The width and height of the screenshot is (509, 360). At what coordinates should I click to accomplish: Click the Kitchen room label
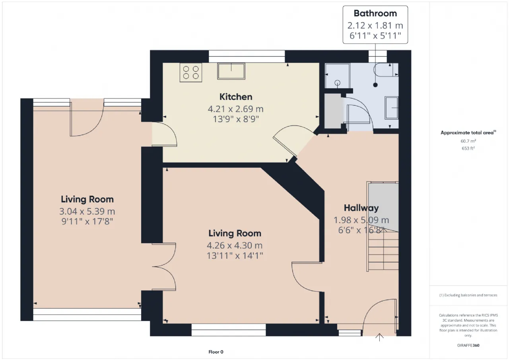(x=236, y=97)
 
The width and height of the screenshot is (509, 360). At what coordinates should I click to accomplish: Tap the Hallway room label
(x=361, y=208)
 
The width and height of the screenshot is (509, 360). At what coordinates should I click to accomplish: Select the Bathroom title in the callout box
(x=375, y=14)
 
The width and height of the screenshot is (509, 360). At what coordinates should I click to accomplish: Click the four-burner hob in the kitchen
(x=190, y=72)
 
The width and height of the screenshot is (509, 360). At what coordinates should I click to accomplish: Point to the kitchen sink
(x=231, y=71)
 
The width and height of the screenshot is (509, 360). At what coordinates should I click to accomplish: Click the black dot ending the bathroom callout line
(x=375, y=85)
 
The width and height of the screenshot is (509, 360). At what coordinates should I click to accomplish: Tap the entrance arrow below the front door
(x=379, y=337)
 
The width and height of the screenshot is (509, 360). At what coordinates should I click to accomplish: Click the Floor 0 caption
(x=216, y=352)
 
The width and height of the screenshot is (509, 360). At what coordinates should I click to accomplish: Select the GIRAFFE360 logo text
(x=468, y=345)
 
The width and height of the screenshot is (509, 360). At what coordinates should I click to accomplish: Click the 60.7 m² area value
(x=468, y=141)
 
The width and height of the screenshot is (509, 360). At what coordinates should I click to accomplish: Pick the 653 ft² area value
(x=468, y=148)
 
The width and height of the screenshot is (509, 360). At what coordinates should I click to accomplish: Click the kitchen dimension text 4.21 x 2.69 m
(x=236, y=109)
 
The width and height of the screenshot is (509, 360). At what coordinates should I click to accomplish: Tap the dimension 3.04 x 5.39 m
(x=87, y=211)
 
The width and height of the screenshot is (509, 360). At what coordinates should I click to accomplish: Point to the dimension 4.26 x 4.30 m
(x=235, y=245)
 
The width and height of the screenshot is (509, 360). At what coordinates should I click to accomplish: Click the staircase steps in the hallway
(x=383, y=251)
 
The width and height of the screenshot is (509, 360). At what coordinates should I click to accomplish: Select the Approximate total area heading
(x=468, y=132)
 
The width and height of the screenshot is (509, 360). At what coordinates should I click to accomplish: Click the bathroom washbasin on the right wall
(x=392, y=108)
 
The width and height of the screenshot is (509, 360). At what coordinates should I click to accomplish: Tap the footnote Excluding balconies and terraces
(x=468, y=295)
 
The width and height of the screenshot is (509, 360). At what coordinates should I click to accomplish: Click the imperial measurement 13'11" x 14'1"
(x=235, y=256)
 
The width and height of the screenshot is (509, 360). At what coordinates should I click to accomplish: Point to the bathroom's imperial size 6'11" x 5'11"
(x=375, y=36)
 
